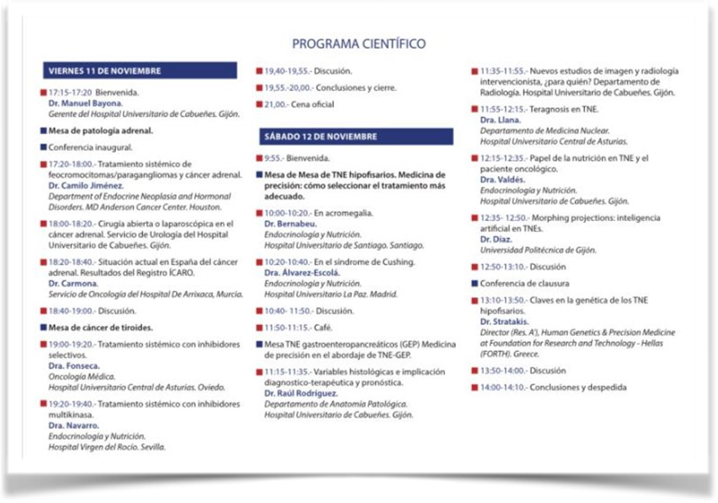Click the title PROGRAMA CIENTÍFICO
pos(359,44)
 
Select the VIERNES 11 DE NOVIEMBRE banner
pos(139,71)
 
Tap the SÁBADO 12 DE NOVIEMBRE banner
pos(356,136)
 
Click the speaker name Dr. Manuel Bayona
pos(86,103)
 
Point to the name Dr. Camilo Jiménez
pos(86,186)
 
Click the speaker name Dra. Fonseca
pos(74,366)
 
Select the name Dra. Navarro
pos(74,425)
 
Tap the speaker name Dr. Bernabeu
pos(290,224)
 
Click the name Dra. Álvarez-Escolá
pos(302,273)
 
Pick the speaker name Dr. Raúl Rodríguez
pos(301,393)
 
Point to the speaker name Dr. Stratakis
pos(504,321)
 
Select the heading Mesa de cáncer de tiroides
pos(100,328)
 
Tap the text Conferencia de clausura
pos(525,283)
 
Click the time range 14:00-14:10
pos(503,387)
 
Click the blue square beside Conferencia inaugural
pos(43,147)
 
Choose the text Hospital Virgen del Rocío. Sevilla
pos(107,447)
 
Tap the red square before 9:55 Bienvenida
pos(259,158)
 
